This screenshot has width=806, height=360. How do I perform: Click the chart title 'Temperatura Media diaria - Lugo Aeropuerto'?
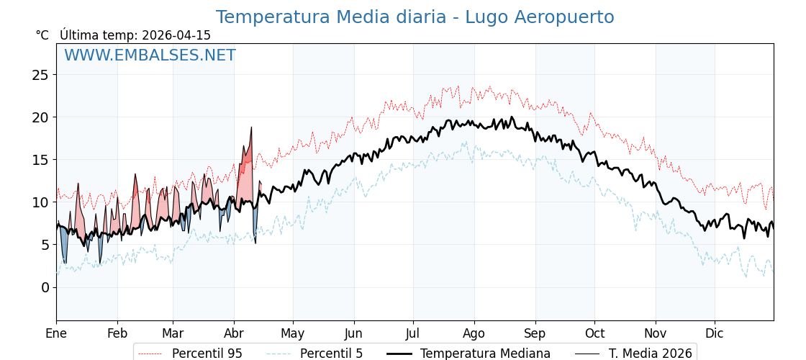pos(415,17)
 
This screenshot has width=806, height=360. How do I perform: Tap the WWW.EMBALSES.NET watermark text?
pos(150,55)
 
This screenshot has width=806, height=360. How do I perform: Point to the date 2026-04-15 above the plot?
pos(176,35)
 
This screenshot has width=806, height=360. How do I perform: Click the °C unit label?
pos(42,35)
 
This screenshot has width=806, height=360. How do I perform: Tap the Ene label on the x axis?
pos(56,333)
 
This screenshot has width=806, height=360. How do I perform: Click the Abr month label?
pos(234,333)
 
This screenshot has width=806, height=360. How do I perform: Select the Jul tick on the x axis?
pos(413,333)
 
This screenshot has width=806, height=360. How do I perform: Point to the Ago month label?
pos(474,333)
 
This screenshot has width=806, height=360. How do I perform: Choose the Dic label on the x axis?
pos(715,333)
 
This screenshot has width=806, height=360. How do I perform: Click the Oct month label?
pos(594,333)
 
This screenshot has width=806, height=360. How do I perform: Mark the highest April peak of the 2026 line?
pos(251,127)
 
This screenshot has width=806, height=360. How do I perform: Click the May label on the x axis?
pos(293,333)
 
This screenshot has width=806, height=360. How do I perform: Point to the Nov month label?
pos(656,333)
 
